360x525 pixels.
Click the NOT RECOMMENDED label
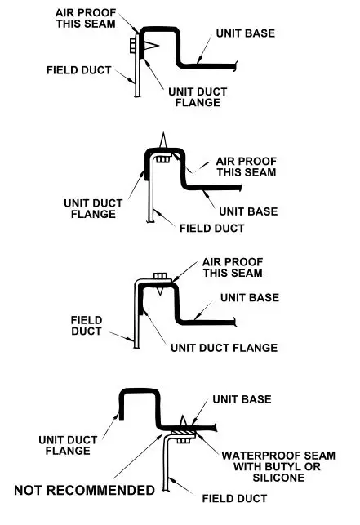pyautogui.click(x=84, y=490)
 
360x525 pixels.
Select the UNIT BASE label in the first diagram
pyautogui.click(x=246, y=34)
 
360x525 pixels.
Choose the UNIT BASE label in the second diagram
pyautogui.click(x=249, y=211)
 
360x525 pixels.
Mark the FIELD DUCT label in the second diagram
pyautogui.click(x=210, y=228)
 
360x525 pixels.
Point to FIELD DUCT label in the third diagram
pyautogui.click(x=86, y=326)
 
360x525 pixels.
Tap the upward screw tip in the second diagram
pyautogui.click(x=164, y=140)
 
